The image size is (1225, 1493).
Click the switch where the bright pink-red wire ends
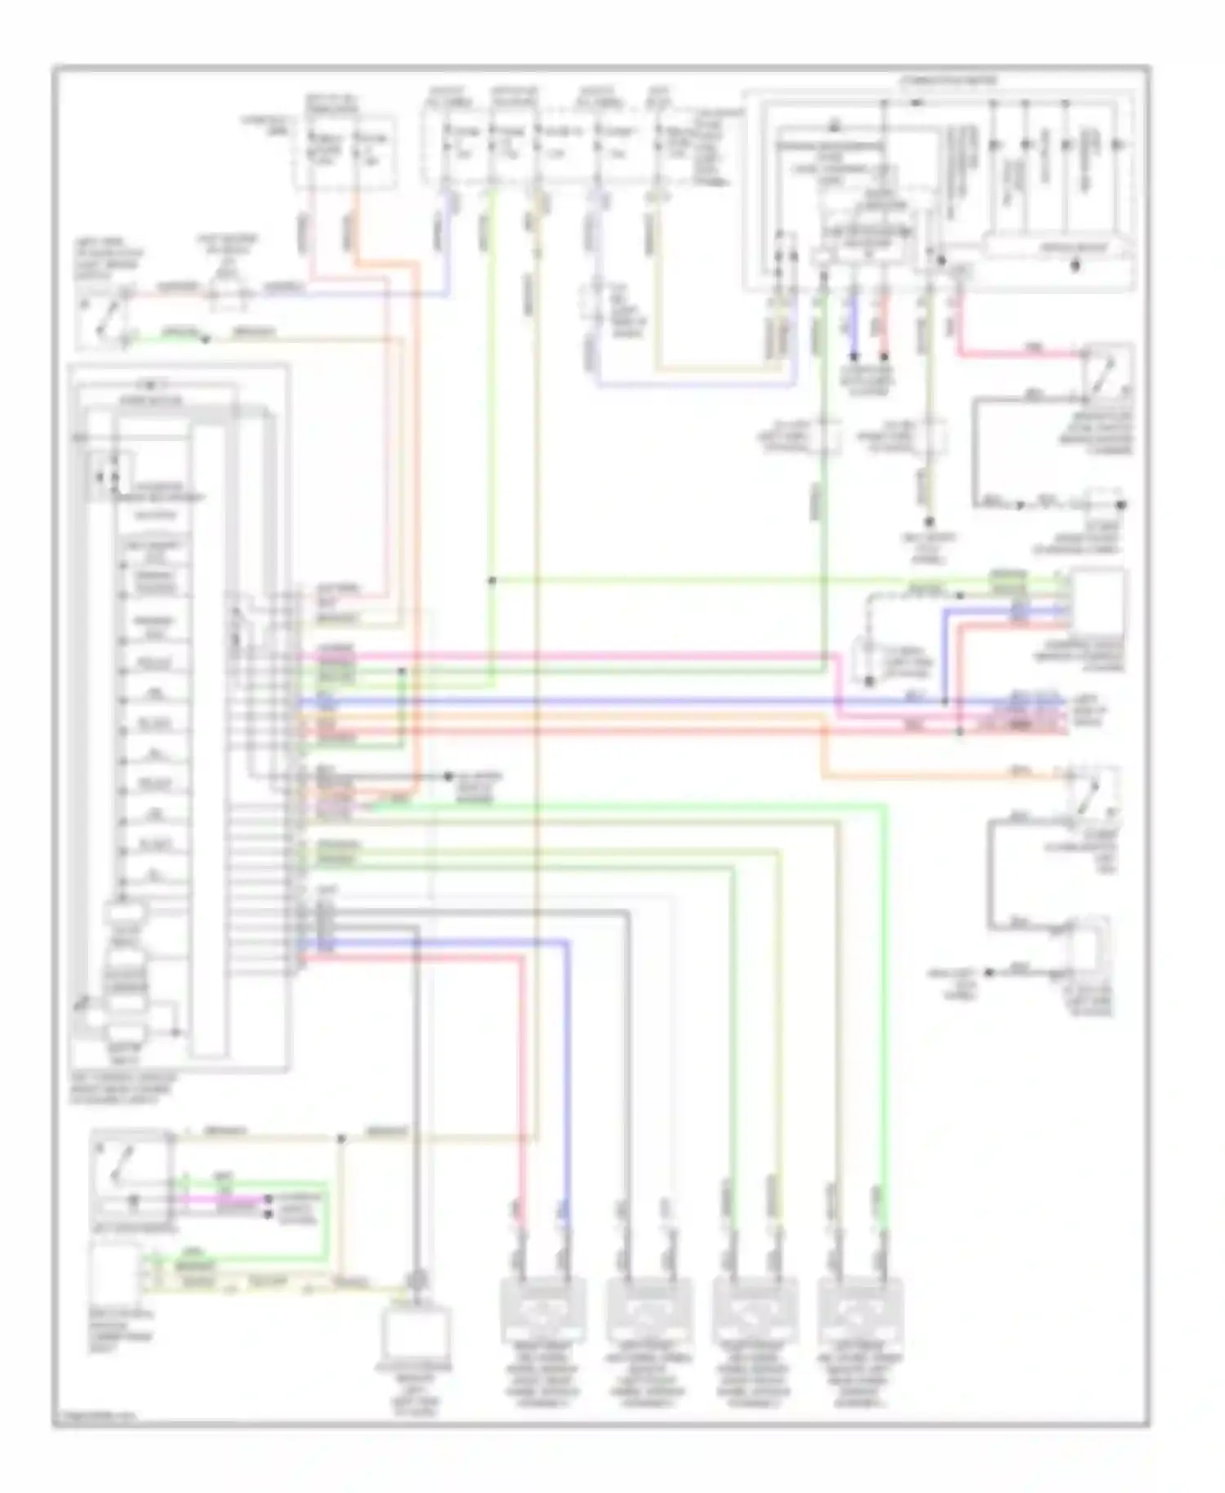[1107, 372]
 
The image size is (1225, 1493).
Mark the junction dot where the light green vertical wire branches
[492, 581]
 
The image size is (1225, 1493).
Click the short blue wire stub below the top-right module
[853, 327]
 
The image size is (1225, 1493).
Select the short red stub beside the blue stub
[884, 327]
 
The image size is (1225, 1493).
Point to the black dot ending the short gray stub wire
[448, 776]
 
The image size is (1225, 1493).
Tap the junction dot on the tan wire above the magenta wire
[341, 1139]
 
